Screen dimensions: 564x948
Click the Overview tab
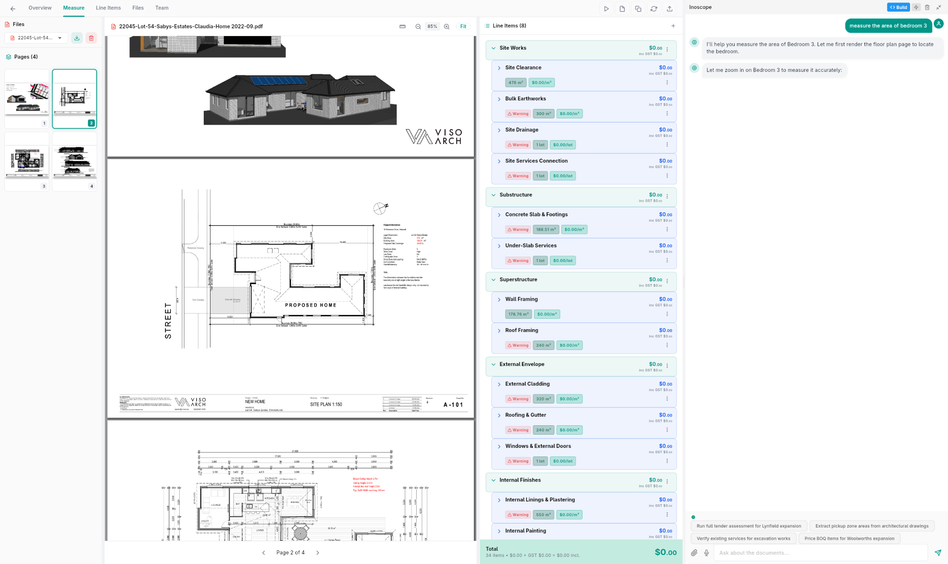40,8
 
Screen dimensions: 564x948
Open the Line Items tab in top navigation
108,8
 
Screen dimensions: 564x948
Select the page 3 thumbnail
27,161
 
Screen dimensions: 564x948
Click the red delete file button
91,38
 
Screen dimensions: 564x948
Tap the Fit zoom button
463,27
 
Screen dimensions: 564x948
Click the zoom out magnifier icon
418,27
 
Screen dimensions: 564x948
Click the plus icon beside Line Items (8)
673,26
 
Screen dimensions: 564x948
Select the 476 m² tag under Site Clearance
515,82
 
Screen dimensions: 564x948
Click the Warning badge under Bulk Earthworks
518,114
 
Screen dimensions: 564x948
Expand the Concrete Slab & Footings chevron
499,215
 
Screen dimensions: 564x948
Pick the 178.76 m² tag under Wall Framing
518,314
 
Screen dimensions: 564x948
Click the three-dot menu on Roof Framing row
667,345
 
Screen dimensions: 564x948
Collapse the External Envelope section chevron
493,365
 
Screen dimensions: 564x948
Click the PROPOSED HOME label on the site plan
310,305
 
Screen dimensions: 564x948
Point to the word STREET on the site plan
168,321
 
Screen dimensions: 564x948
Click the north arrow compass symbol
380,208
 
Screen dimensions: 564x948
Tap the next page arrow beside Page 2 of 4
318,553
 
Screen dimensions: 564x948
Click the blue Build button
898,7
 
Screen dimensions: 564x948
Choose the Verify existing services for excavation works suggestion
743,538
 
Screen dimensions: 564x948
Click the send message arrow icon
938,553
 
